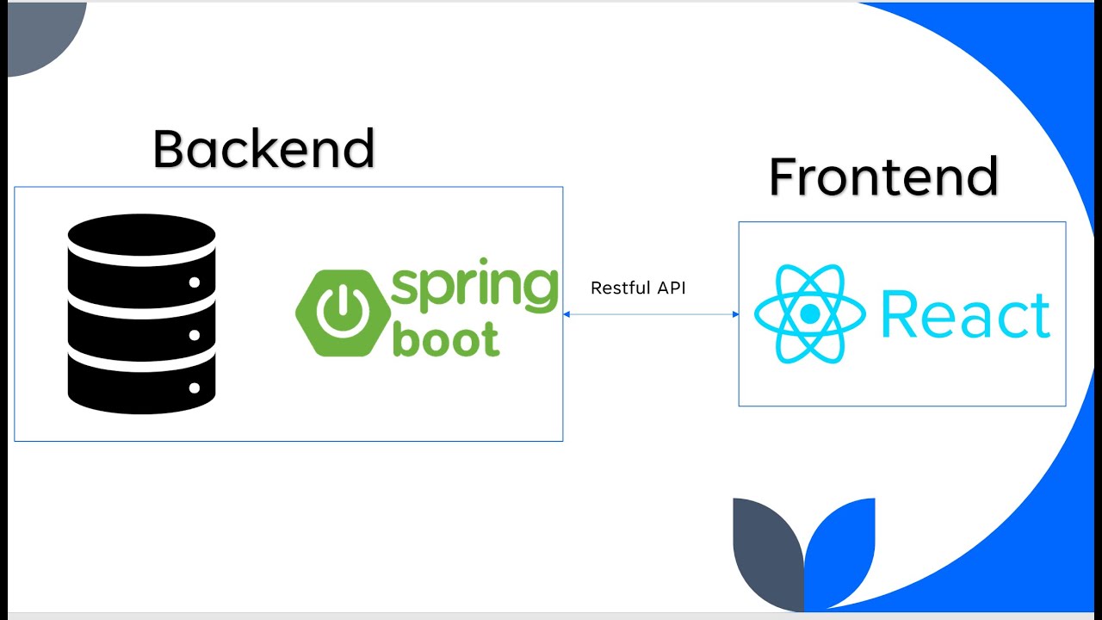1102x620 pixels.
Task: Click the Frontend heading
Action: coord(883,177)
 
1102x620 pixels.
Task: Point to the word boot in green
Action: coord(445,338)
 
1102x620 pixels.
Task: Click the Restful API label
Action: coord(638,288)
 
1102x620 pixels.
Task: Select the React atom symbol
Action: coord(809,314)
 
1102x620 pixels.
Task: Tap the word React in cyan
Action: coord(965,315)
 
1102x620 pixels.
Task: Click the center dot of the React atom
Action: coord(809,314)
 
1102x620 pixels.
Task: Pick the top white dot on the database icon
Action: coord(195,282)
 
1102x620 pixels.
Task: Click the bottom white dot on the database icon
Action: coord(195,388)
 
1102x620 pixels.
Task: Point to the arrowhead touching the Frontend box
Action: coord(734,314)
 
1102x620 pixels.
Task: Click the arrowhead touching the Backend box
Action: coord(567,314)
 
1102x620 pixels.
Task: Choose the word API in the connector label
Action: coord(671,288)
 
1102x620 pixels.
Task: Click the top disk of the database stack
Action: coord(142,234)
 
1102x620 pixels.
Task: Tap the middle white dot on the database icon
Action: coord(195,335)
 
